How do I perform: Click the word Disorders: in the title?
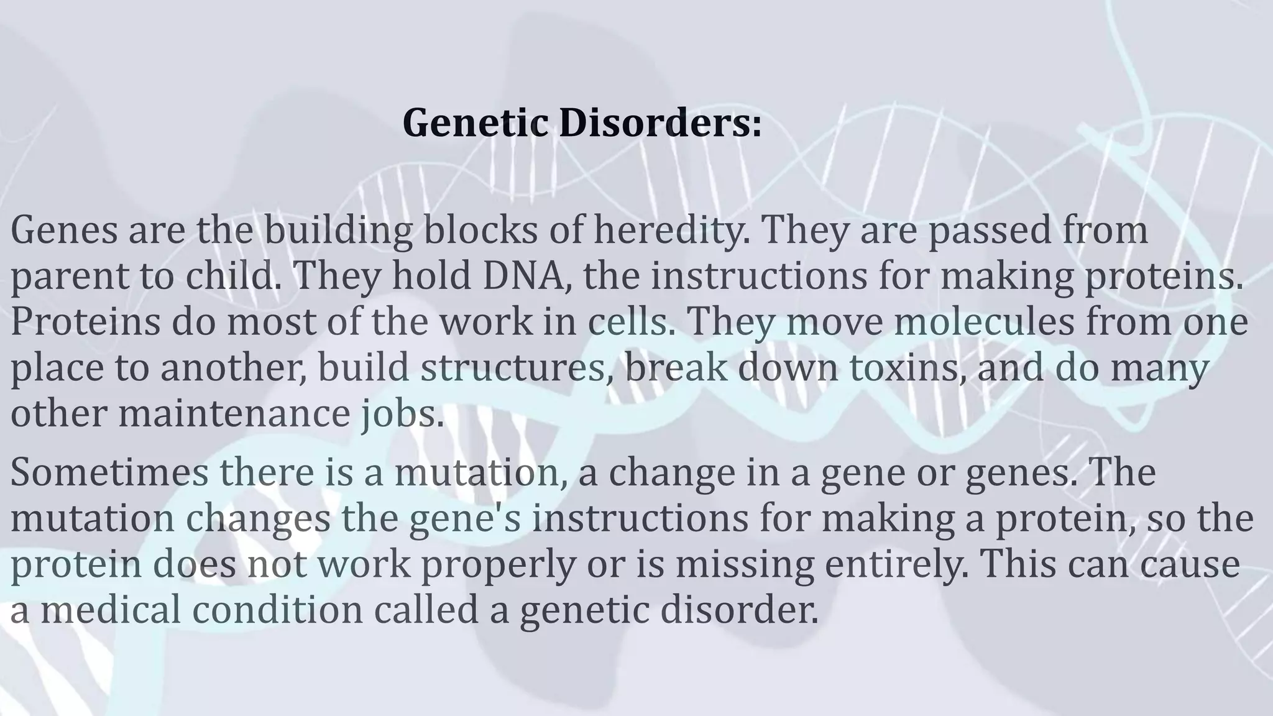pos(659,123)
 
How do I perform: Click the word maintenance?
pos(234,413)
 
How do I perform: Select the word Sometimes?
pos(109,472)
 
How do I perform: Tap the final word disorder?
pos(738,610)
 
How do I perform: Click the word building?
pos(338,230)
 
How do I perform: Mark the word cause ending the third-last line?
pos(1185,564)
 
